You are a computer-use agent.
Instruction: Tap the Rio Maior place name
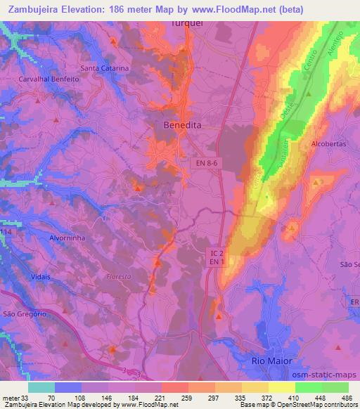[271, 360]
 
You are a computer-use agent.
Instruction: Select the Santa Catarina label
[104, 68]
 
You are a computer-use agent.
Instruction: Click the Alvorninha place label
[47, 238]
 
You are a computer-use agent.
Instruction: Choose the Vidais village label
[41, 278]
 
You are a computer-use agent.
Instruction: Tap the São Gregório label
[24, 314]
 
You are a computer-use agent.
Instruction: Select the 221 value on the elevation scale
[161, 396]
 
